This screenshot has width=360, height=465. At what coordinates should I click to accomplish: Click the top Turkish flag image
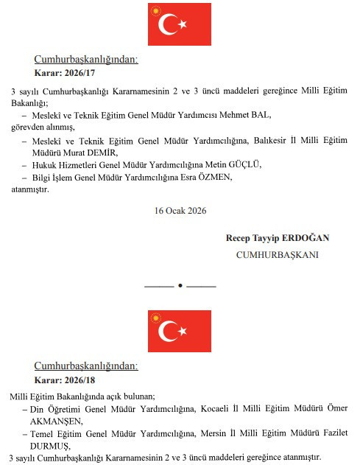pos(180,24)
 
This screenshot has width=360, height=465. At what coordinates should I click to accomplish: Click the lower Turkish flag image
pos(180,331)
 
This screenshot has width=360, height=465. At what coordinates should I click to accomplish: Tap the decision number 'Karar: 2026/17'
pos(66,74)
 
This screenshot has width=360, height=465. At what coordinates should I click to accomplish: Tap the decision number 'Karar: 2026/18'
pos(66,380)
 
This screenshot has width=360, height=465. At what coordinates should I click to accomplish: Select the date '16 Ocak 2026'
pos(180,210)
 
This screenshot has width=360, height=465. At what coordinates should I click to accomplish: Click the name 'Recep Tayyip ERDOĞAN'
pos(278,238)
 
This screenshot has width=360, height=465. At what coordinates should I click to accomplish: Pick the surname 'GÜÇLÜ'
pos(244,164)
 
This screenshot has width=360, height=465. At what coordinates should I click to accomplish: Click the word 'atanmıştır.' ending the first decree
pos(30,189)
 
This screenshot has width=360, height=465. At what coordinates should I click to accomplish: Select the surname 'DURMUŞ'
pos(50,446)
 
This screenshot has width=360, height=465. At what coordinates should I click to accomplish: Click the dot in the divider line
pos(180,285)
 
